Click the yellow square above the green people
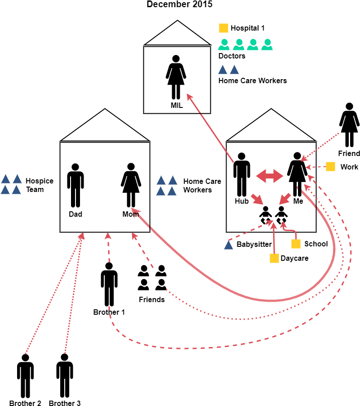point(223,28)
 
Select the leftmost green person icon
point(224,45)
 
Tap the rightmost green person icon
point(267,45)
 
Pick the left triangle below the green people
point(222,70)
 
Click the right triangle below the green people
point(234,70)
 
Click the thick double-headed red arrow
point(270,176)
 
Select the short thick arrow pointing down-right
point(257,199)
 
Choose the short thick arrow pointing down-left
point(285,199)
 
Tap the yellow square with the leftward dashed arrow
point(330,166)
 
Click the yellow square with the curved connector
point(296,244)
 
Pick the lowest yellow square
point(274,258)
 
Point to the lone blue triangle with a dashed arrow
point(228,245)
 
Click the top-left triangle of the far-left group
point(5,179)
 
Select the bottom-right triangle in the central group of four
point(172,191)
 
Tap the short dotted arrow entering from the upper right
point(320,147)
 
